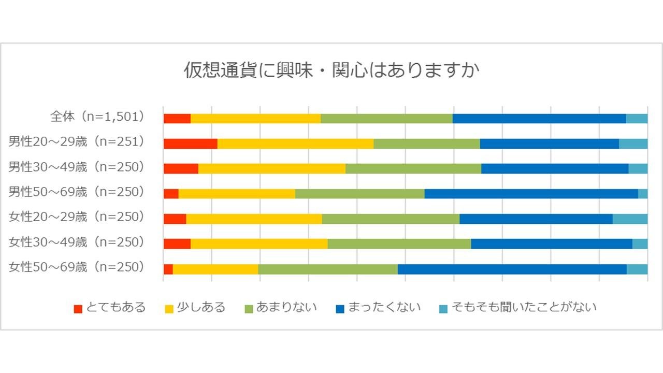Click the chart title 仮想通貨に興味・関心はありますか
331,70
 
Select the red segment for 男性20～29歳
190,144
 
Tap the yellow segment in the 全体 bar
255,119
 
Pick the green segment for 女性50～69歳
328,269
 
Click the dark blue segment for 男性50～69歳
531,194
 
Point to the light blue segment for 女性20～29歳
630,219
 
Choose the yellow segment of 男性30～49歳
271,168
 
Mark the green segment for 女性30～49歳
399,243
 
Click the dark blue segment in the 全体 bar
539,119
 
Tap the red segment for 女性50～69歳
168,269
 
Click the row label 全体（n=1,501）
97,117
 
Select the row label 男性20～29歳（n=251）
76,141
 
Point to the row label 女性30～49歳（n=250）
76,242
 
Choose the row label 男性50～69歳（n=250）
76,192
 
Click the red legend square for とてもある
78,309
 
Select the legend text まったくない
384,307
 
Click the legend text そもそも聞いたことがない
524,307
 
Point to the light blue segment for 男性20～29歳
633,144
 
